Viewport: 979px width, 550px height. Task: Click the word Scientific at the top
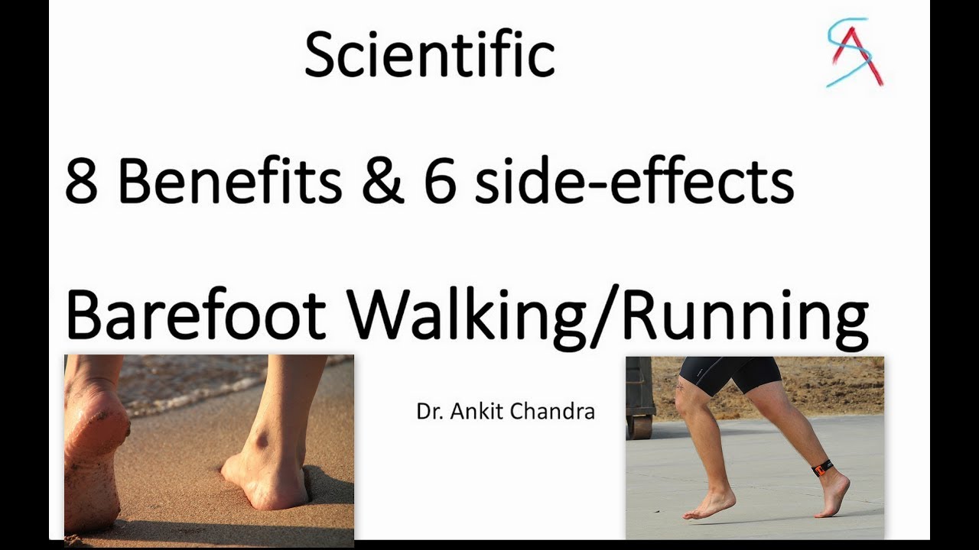click(x=429, y=55)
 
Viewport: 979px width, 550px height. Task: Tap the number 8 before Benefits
click(x=82, y=183)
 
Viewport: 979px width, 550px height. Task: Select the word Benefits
click(x=229, y=183)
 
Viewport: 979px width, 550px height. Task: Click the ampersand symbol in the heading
click(x=382, y=183)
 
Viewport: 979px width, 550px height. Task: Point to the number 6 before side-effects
click(x=440, y=183)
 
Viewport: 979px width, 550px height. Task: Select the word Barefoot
click(x=197, y=315)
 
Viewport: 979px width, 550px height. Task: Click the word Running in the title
click(x=745, y=316)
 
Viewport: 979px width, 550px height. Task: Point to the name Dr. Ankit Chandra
click(x=506, y=412)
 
